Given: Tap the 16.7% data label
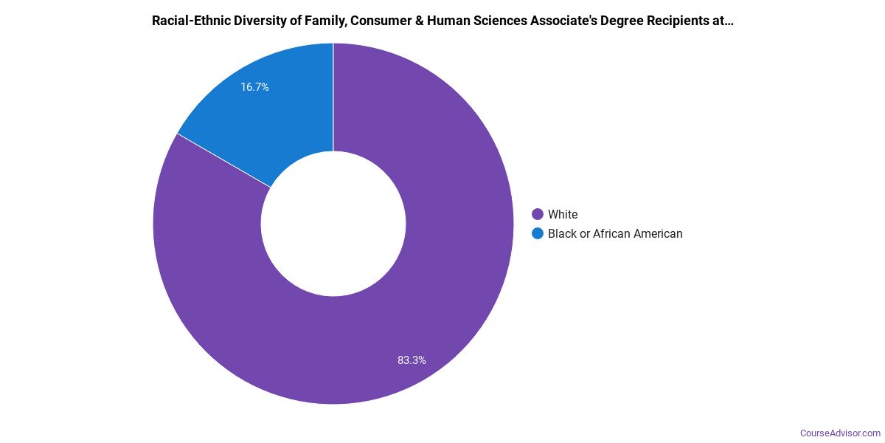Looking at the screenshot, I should point(254,87).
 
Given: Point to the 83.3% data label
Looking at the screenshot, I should point(412,360).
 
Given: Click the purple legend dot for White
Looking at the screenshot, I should point(538,215).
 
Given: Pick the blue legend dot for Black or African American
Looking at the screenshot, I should point(538,234).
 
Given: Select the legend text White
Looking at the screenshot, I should point(563,215).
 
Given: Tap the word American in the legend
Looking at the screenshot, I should point(660,234).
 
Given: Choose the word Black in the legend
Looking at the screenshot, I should point(563,234).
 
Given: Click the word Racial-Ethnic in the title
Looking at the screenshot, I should point(190,21).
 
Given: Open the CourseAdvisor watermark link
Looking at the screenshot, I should point(841,433).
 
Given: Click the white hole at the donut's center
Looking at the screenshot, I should point(333,224).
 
